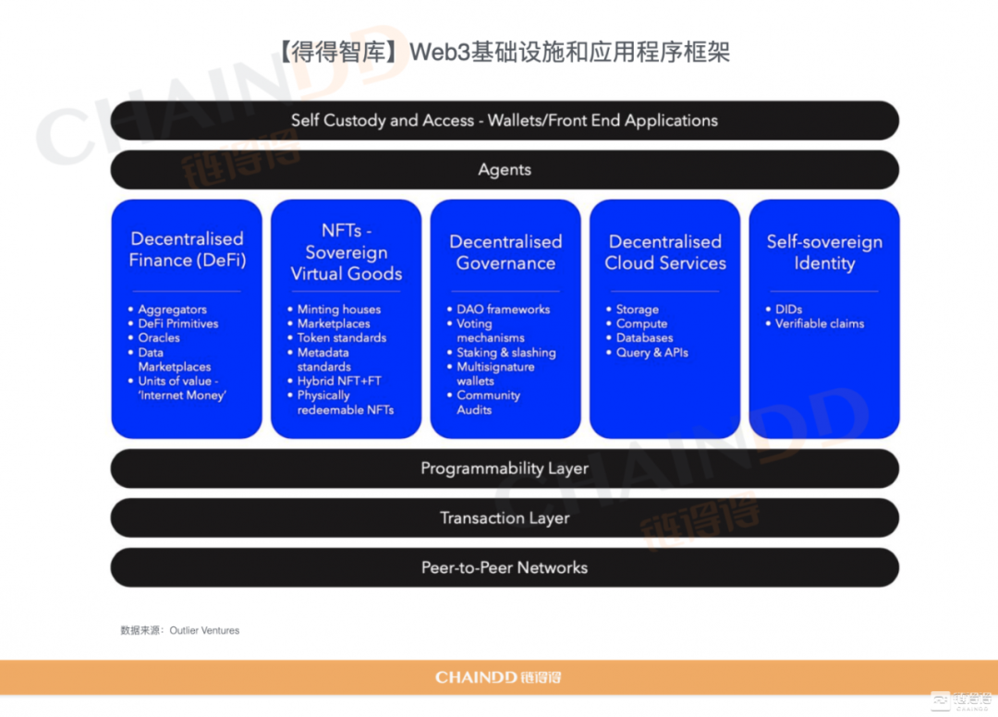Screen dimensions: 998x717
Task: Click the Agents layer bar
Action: [x=505, y=170]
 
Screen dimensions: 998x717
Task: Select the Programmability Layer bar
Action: [x=505, y=468]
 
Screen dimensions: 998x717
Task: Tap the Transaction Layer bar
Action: [x=505, y=517]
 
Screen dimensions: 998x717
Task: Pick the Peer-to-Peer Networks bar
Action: [x=505, y=567]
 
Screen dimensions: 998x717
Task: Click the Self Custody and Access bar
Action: [x=505, y=120]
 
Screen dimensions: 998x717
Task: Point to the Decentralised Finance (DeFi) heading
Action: [x=187, y=249]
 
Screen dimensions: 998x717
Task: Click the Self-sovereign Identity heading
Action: [x=824, y=252]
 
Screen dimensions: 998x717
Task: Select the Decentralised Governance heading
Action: [x=505, y=252]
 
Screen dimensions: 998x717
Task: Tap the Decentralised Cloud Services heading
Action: [x=665, y=252]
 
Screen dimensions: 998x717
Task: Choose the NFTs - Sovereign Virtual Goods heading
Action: [x=347, y=252]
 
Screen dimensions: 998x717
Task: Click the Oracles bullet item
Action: [x=159, y=338]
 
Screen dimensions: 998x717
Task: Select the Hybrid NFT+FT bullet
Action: [x=338, y=381]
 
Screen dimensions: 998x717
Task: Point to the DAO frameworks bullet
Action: [x=503, y=310]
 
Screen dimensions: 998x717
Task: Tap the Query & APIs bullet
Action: [x=651, y=352]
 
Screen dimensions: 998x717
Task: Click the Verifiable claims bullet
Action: [x=819, y=323]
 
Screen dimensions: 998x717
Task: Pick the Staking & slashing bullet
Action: [x=506, y=352]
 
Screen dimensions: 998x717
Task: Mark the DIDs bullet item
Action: [x=788, y=310]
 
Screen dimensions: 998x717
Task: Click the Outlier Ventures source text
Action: [x=204, y=630]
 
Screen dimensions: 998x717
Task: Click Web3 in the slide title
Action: [x=439, y=52]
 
